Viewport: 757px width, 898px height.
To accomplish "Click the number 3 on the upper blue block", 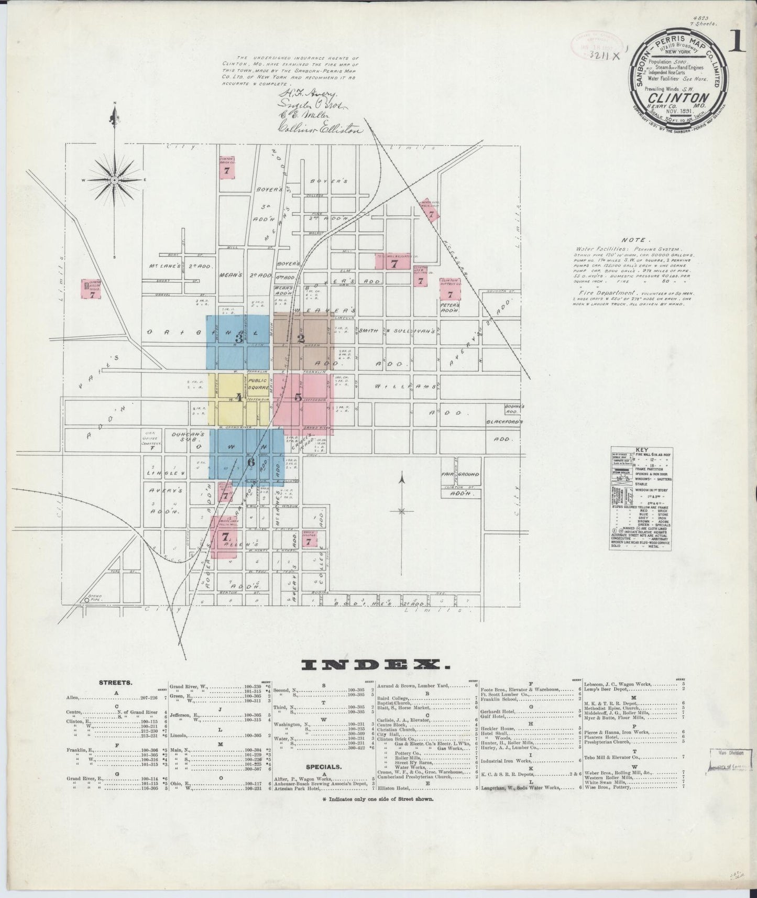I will (x=238, y=338).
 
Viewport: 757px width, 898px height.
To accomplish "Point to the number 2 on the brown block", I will (x=301, y=338).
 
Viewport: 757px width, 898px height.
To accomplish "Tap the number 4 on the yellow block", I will (x=238, y=397).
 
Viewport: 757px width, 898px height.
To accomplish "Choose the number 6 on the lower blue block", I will (x=250, y=462).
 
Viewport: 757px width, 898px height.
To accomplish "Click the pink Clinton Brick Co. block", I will (x=226, y=168).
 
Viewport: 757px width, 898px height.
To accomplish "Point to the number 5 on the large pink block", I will (x=298, y=397).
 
